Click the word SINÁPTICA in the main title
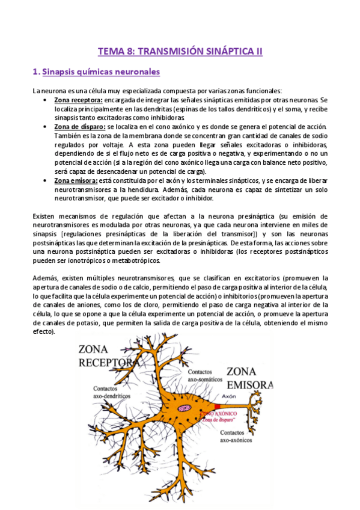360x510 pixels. click(x=230, y=52)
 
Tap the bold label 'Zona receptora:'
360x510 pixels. click(x=78, y=100)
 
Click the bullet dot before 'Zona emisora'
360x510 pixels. click(x=46, y=181)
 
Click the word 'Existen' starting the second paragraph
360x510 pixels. click(x=45, y=216)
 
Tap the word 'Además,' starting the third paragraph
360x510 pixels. click(x=47, y=278)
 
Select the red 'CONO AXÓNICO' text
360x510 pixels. click(x=221, y=414)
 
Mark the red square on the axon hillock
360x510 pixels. click(x=218, y=407)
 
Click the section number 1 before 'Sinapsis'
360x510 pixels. click(x=35, y=72)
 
